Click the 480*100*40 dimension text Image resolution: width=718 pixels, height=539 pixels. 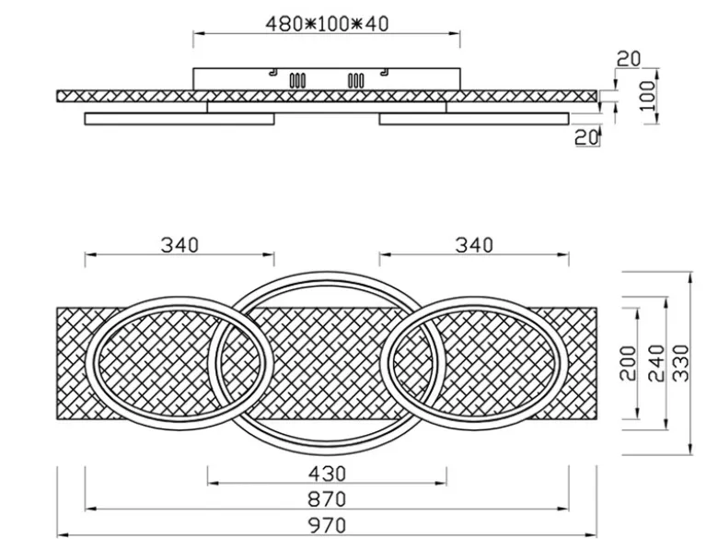pyautogui.click(x=327, y=24)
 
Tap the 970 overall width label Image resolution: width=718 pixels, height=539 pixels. pyautogui.click(x=327, y=525)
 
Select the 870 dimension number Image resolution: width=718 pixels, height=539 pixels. pyautogui.click(x=327, y=499)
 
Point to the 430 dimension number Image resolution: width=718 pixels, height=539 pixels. pyautogui.click(x=327, y=474)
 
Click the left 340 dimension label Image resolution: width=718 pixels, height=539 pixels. pyautogui.click(x=179, y=245)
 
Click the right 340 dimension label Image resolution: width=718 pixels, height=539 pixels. pyautogui.click(x=474, y=245)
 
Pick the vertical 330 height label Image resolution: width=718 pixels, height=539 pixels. pyautogui.click(x=681, y=363)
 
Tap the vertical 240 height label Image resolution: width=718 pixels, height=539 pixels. pyautogui.click(x=656, y=363)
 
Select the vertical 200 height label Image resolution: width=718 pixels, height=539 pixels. pyautogui.click(x=628, y=363)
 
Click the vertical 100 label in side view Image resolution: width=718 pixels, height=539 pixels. pyautogui.click(x=647, y=96)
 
